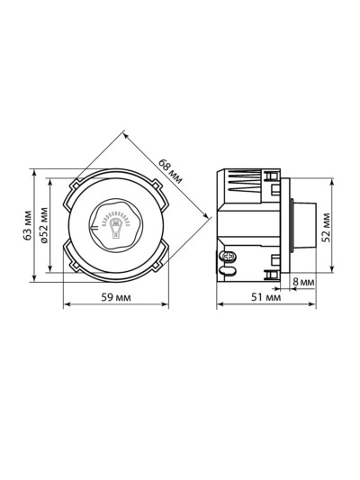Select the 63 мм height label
coord(28,225)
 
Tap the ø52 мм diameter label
coord(44,225)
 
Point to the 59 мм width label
coord(116,297)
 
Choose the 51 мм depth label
coord(265,297)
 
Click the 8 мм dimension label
coord(303,282)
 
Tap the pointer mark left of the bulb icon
coord(94,227)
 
